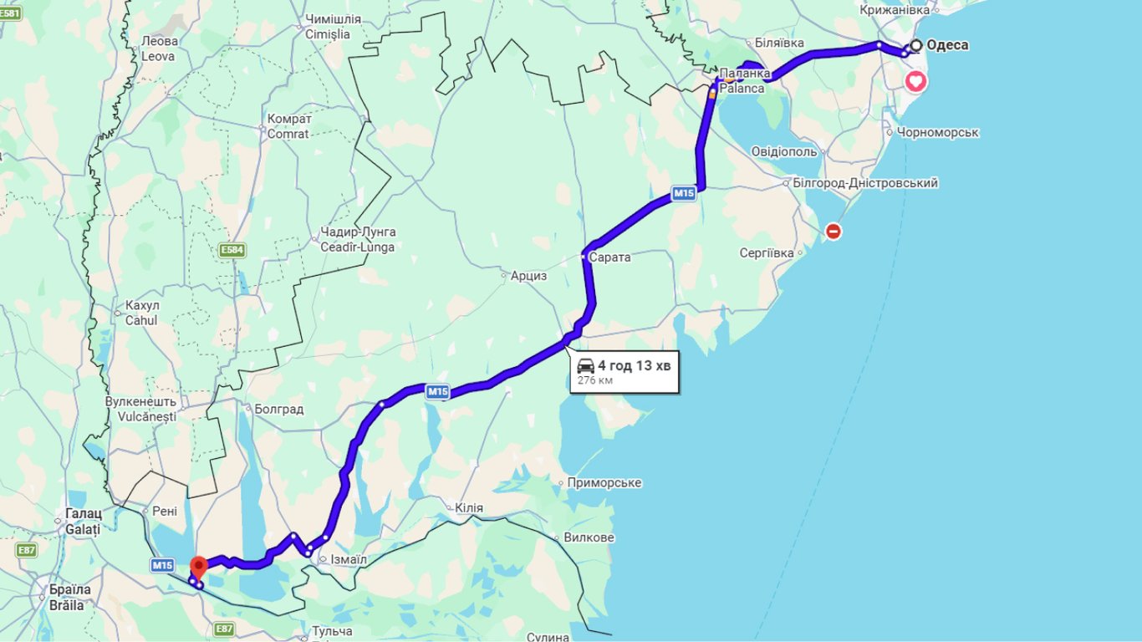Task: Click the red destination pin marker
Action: (x=199, y=566)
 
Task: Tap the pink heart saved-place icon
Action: (x=916, y=81)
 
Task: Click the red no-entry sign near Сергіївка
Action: (x=833, y=232)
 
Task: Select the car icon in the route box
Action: (x=585, y=365)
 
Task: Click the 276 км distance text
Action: (x=594, y=380)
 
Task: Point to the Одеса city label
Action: (x=947, y=45)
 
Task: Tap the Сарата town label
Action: (x=609, y=257)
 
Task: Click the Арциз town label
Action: (x=528, y=275)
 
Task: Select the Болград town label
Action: (x=279, y=410)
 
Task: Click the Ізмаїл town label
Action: (x=349, y=559)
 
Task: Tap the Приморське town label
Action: (x=604, y=482)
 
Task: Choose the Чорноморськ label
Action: (x=937, y=132)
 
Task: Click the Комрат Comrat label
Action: (x=288, y=126)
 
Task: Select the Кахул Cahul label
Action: (x=141, y=313)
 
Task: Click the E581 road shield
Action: (x=9, y=13)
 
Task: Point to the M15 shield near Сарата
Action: (x=684, y=195)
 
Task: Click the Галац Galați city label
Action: (x=83, y=521)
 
